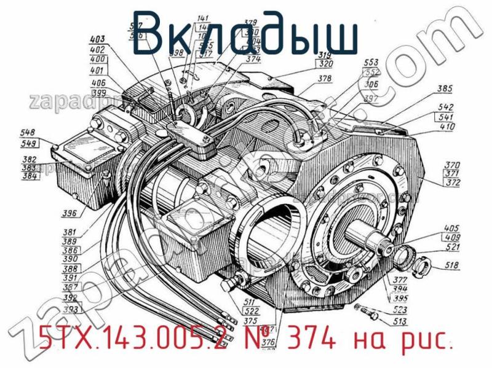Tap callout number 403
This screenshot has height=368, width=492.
pyautogui.click(x=97, y=40)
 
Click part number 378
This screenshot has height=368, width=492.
pyautogui.click(x=325, y=79)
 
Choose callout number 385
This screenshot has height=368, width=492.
pyautogui.click(x=445, y=89)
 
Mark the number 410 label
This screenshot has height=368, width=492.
pyautogui.click(x=447, y=127)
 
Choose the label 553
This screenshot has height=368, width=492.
pyautogui.click(x=371, y=62)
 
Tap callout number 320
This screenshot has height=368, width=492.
pyautogui.click(x=325, y=64)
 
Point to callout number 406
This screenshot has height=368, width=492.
pyautogui.click(x=98, y=83)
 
